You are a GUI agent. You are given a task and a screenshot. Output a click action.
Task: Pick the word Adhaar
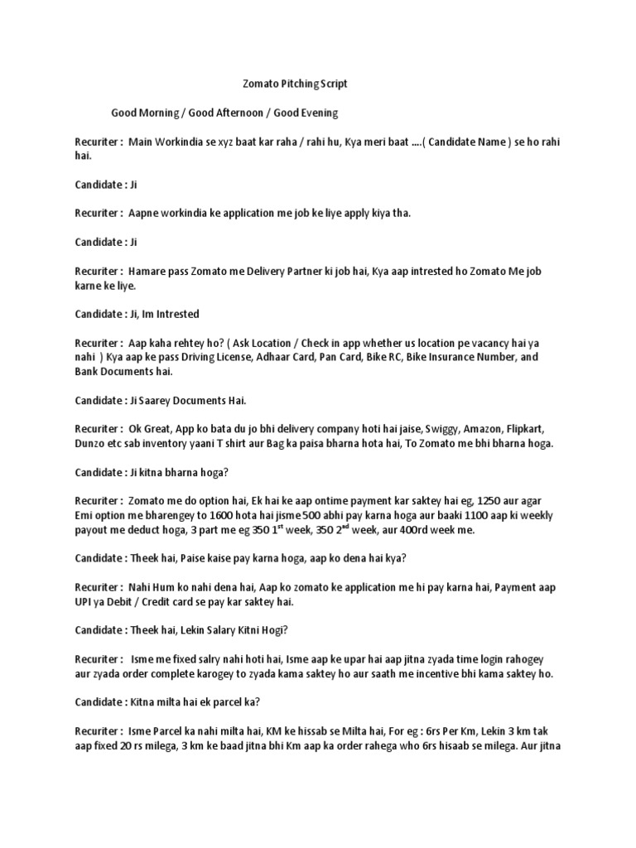pyautogui.click(x=311, y=356)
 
